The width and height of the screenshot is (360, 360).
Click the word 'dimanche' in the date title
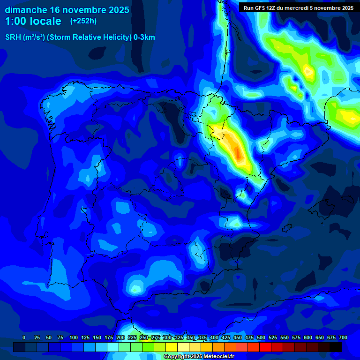point(26,10)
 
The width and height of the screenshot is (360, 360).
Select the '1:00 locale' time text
point(33,21)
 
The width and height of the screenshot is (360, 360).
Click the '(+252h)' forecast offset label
point(83,21)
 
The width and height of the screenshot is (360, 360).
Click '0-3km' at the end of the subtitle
point(144,37)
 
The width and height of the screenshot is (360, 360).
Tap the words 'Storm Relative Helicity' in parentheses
point(89,37)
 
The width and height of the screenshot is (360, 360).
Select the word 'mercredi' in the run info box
point(300,8)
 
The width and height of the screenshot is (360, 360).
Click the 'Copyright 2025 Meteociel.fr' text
point(199,357)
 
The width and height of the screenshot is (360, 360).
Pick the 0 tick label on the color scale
point(24,337)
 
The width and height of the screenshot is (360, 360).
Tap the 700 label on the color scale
point(343,337)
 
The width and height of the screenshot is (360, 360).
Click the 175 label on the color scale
point(109,337)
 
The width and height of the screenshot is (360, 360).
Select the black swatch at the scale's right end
point(336,347)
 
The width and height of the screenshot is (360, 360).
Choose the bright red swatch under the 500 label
point(265,347)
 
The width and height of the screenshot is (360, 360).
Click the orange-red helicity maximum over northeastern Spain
point(237,152)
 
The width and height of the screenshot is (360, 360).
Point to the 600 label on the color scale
point(308,337)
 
